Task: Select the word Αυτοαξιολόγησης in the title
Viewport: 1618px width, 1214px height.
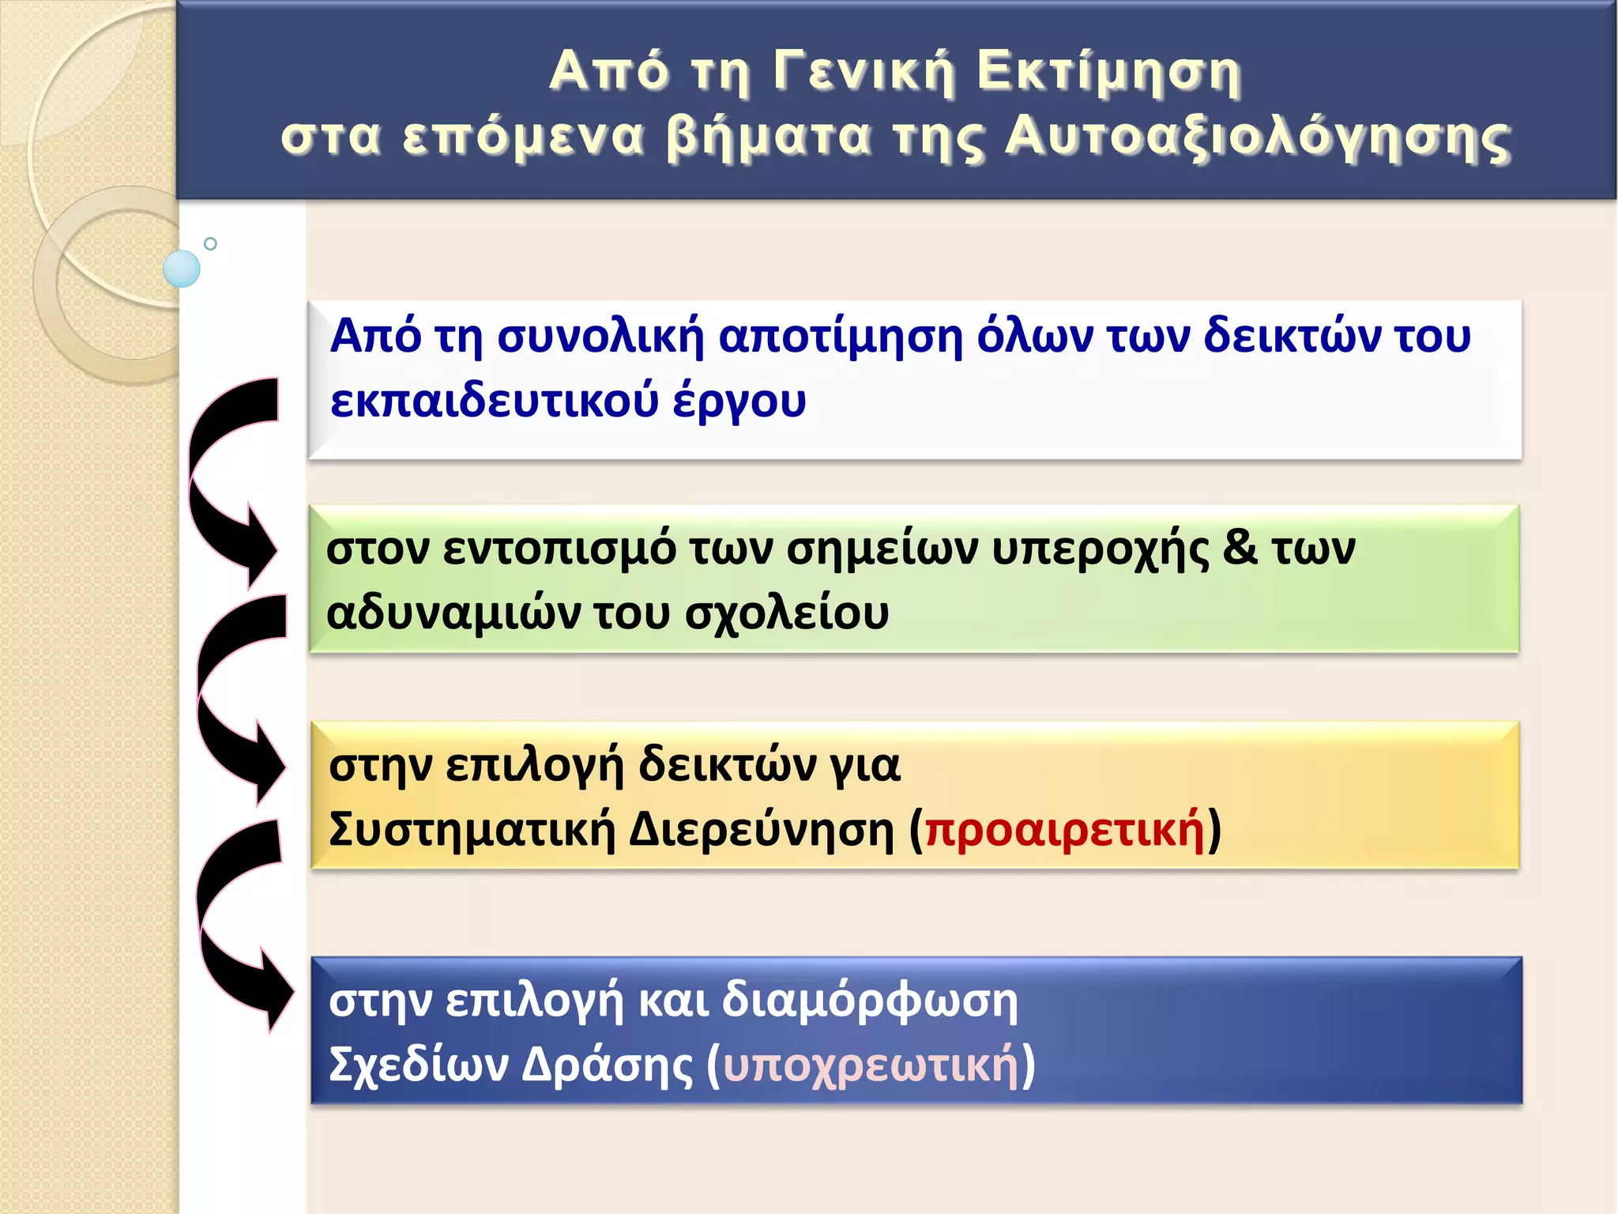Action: point(1258,138)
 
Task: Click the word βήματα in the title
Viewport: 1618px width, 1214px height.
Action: point(769,138)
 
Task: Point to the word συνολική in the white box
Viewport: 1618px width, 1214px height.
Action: point(600,337)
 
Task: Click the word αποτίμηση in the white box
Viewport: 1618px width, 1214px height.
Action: point(841,337)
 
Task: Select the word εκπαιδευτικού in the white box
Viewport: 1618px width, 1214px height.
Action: point(495,401)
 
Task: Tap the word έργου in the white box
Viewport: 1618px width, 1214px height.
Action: point(739,401)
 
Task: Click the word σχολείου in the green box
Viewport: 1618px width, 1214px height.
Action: point(787,613)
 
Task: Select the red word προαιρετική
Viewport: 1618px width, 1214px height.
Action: point(1065,830)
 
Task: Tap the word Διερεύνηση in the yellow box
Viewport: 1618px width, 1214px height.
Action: point(762,830)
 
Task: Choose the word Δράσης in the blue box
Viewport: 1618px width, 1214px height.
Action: point(608,1065)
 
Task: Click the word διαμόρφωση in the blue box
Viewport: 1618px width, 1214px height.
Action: point(870,1001)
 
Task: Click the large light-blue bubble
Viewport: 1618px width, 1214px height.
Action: point(182,269)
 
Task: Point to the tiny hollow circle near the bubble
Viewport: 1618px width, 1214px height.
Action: point(210,243)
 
